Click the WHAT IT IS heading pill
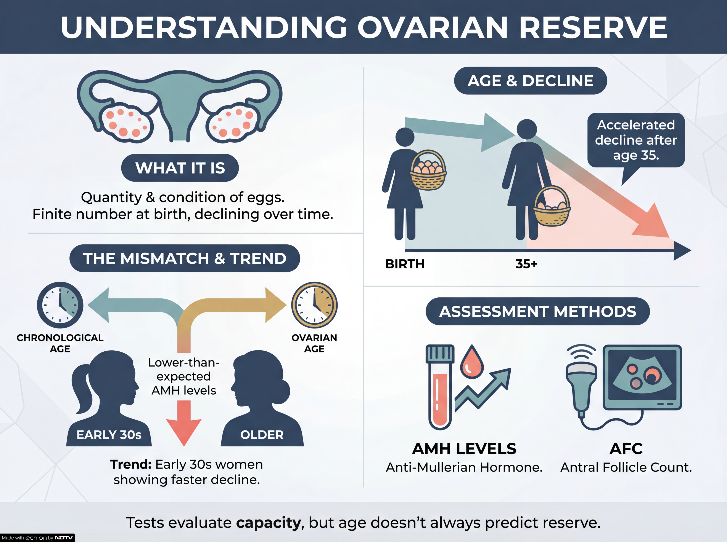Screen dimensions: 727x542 [x=180, y=168]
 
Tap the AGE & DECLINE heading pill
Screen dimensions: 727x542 [x=530, y=81]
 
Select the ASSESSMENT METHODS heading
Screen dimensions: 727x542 [x=537, y=311]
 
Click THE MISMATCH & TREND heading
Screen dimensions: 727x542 [x=185, y=258]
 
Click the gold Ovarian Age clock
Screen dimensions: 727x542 [x=314, y=305]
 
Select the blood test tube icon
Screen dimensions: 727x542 [x=440, y=387]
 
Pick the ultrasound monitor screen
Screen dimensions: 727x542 [x=642, y=377]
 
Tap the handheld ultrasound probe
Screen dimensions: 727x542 [x=581, y=387]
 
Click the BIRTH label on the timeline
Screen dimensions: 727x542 [x=405, y=264]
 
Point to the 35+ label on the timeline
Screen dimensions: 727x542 [x=526, y=264]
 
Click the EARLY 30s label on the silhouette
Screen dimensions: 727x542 [x=109, y=435]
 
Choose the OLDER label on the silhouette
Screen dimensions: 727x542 [x=262, y=435]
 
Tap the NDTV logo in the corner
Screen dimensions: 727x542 [x=64, y=538]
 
